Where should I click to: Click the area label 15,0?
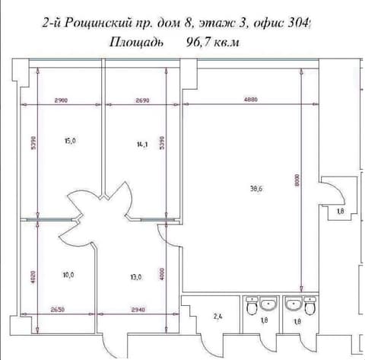pos(70,141)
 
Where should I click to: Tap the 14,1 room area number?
pos(142,145)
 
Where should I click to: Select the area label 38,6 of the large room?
pos(256,189)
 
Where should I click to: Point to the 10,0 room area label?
pos(68,275)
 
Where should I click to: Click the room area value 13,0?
pos(136,277)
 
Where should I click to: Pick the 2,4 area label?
pos(218,317)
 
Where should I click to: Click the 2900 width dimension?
pos(61,100)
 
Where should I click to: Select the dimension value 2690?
pos(142,100)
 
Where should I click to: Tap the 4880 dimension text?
pos(251,100)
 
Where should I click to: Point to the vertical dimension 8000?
pos(297,180)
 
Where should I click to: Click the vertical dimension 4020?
pos(33,277)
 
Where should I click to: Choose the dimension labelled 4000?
pos(162,274)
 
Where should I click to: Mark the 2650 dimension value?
pos(58,310)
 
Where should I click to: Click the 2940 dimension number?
pos(138,310)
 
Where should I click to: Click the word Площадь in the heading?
pos(136,43)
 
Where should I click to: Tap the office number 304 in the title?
pos(299,24)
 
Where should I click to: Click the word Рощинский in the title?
pos(98,24)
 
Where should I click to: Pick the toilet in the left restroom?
pos(252,306)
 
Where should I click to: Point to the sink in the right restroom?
pos(294,304)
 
